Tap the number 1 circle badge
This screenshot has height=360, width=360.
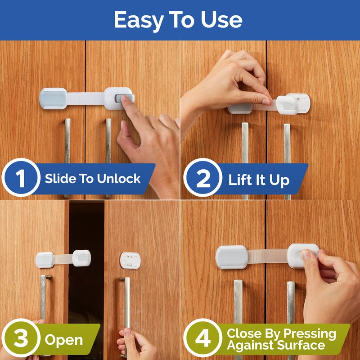(21, 179)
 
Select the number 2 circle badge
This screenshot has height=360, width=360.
(203, 179)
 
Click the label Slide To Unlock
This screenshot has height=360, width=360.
(93, 179)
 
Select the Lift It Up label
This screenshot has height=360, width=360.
(258, 180)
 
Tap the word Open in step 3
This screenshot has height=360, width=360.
(63, 339)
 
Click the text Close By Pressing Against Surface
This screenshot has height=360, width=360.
(281, 339)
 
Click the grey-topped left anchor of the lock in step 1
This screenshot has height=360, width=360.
(53, 98)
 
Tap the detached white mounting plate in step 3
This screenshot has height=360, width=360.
(130, 260)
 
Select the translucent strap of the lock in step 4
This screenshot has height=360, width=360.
(268, 256)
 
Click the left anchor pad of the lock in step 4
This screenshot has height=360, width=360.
(231, 257)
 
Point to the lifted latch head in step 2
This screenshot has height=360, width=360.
(287, 104)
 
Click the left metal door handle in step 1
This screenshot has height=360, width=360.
(67, 148)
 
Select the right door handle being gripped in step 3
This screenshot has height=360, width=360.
(126, 306)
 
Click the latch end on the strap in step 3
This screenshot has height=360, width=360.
(81, 257)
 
